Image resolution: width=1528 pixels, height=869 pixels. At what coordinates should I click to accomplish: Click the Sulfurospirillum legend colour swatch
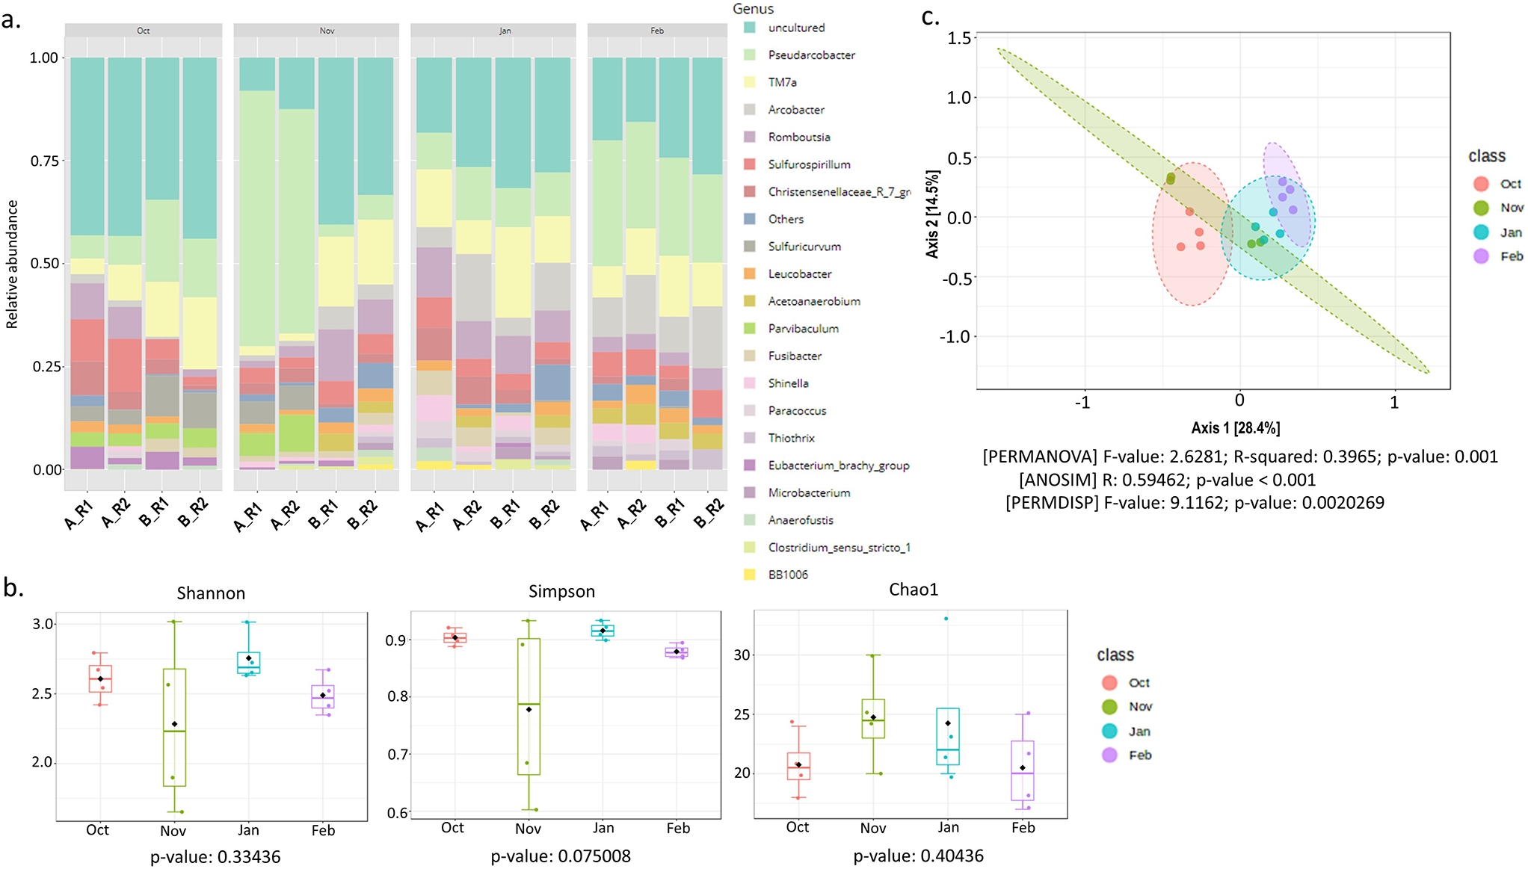[x=750, y=164]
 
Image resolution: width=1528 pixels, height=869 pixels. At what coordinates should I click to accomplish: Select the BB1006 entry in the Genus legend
[x=788, y=575]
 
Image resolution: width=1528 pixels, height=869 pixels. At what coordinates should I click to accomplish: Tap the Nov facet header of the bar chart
[x=327, y=31]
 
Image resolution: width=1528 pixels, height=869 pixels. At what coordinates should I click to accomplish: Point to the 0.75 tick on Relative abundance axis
[x=44, y=161]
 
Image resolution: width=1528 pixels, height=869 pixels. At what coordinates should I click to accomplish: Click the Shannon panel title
[x=211, y=593]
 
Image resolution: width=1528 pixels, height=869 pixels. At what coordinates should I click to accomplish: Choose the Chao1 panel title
[x=913, y=590]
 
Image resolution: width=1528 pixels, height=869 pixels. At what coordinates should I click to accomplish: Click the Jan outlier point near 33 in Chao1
[x=946, y=619]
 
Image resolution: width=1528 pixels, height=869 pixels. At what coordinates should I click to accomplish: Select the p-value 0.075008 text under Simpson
[x=561, y=856]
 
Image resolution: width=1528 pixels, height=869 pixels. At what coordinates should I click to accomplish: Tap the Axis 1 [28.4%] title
[x=1235, y=428]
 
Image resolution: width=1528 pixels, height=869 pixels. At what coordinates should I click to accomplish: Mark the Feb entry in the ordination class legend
[x=1510, y=256]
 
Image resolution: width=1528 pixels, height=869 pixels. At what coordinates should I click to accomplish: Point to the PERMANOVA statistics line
[x=1239, y=457]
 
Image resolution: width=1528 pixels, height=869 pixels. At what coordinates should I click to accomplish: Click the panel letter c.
[x=930, y=16]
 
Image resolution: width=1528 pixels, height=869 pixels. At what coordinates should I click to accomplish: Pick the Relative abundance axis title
[x=12, y=264]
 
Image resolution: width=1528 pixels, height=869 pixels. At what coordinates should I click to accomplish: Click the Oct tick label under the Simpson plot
[x=452, y=828]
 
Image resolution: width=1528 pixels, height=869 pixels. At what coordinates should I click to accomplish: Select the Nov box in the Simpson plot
[x=529, y=706]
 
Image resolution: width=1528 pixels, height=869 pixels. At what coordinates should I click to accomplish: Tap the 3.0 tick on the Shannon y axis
[x=43, y=624]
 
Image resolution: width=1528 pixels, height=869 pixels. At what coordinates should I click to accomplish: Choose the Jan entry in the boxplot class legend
[x=1139, y=731]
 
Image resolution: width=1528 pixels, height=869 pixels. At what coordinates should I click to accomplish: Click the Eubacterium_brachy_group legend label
[x=838, y=466]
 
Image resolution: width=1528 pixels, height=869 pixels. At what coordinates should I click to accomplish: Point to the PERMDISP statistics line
[x=1194, y=503]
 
